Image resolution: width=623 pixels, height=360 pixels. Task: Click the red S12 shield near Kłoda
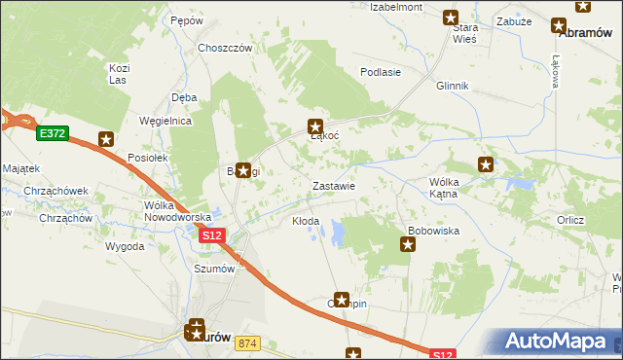coord(213,235)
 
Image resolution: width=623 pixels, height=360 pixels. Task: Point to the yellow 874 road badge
coord(247,343)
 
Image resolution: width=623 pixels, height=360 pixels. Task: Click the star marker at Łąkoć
coord(315,126)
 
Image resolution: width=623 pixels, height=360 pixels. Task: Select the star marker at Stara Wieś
coord(451,17)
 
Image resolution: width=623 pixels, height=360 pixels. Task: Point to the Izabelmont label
coord(395,7)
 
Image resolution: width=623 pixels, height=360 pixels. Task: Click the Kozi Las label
coord(120,74)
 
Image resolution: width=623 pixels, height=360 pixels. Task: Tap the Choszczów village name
coord(225,48)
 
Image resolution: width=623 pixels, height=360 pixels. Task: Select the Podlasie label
coord(381,72)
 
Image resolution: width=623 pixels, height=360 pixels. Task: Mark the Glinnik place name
coord(453,86)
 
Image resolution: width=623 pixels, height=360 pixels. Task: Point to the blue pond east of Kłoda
coord(338,231)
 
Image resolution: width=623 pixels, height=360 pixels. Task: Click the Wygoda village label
coord(126,247)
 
